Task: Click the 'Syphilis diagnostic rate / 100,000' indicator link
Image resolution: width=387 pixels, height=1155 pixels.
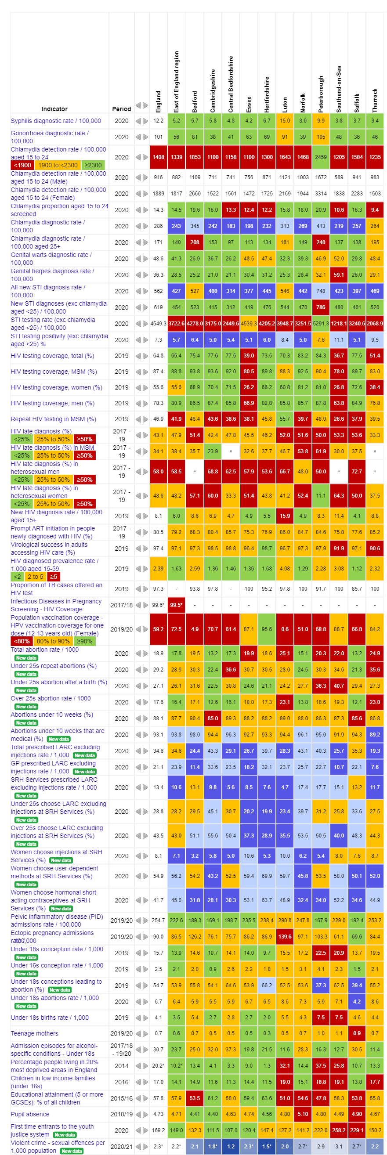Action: (x=56, y=121)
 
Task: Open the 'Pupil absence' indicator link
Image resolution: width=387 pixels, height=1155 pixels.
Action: (x=30, y=1114)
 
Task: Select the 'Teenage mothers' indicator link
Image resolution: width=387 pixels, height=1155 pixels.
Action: (x=35, y=1033)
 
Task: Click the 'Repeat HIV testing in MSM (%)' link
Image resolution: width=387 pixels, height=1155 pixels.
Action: (x=53, y=419)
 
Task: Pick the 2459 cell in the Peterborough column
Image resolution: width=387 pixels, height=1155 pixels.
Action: (x=321, y=157)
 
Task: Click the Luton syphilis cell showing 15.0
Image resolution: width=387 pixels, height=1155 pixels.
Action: (x=285, y=121)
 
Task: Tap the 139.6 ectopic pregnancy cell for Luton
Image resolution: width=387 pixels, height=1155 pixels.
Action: (x=285, y=936)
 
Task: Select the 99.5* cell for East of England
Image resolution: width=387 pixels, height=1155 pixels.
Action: (x=176, y=605)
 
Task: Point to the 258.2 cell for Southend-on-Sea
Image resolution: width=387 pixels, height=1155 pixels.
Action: (x=339, y=1130)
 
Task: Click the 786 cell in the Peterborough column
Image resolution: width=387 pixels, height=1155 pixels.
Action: (x=321, y=307)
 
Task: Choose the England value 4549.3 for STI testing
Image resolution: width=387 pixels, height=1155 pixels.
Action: (x=158, y=323)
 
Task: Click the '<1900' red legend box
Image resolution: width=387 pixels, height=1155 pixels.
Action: (x=22, y=165)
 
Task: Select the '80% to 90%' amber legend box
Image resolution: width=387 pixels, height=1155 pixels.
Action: (x=53, y=641)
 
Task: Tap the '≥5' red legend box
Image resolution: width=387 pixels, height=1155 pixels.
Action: (x=53, y=577)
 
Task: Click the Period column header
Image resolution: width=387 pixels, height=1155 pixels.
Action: (x=122, y=108)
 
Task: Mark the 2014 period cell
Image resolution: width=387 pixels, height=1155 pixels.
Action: (x=122, y=1065)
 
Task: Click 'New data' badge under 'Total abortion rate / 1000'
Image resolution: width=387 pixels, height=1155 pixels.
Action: (x=26, y=658)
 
